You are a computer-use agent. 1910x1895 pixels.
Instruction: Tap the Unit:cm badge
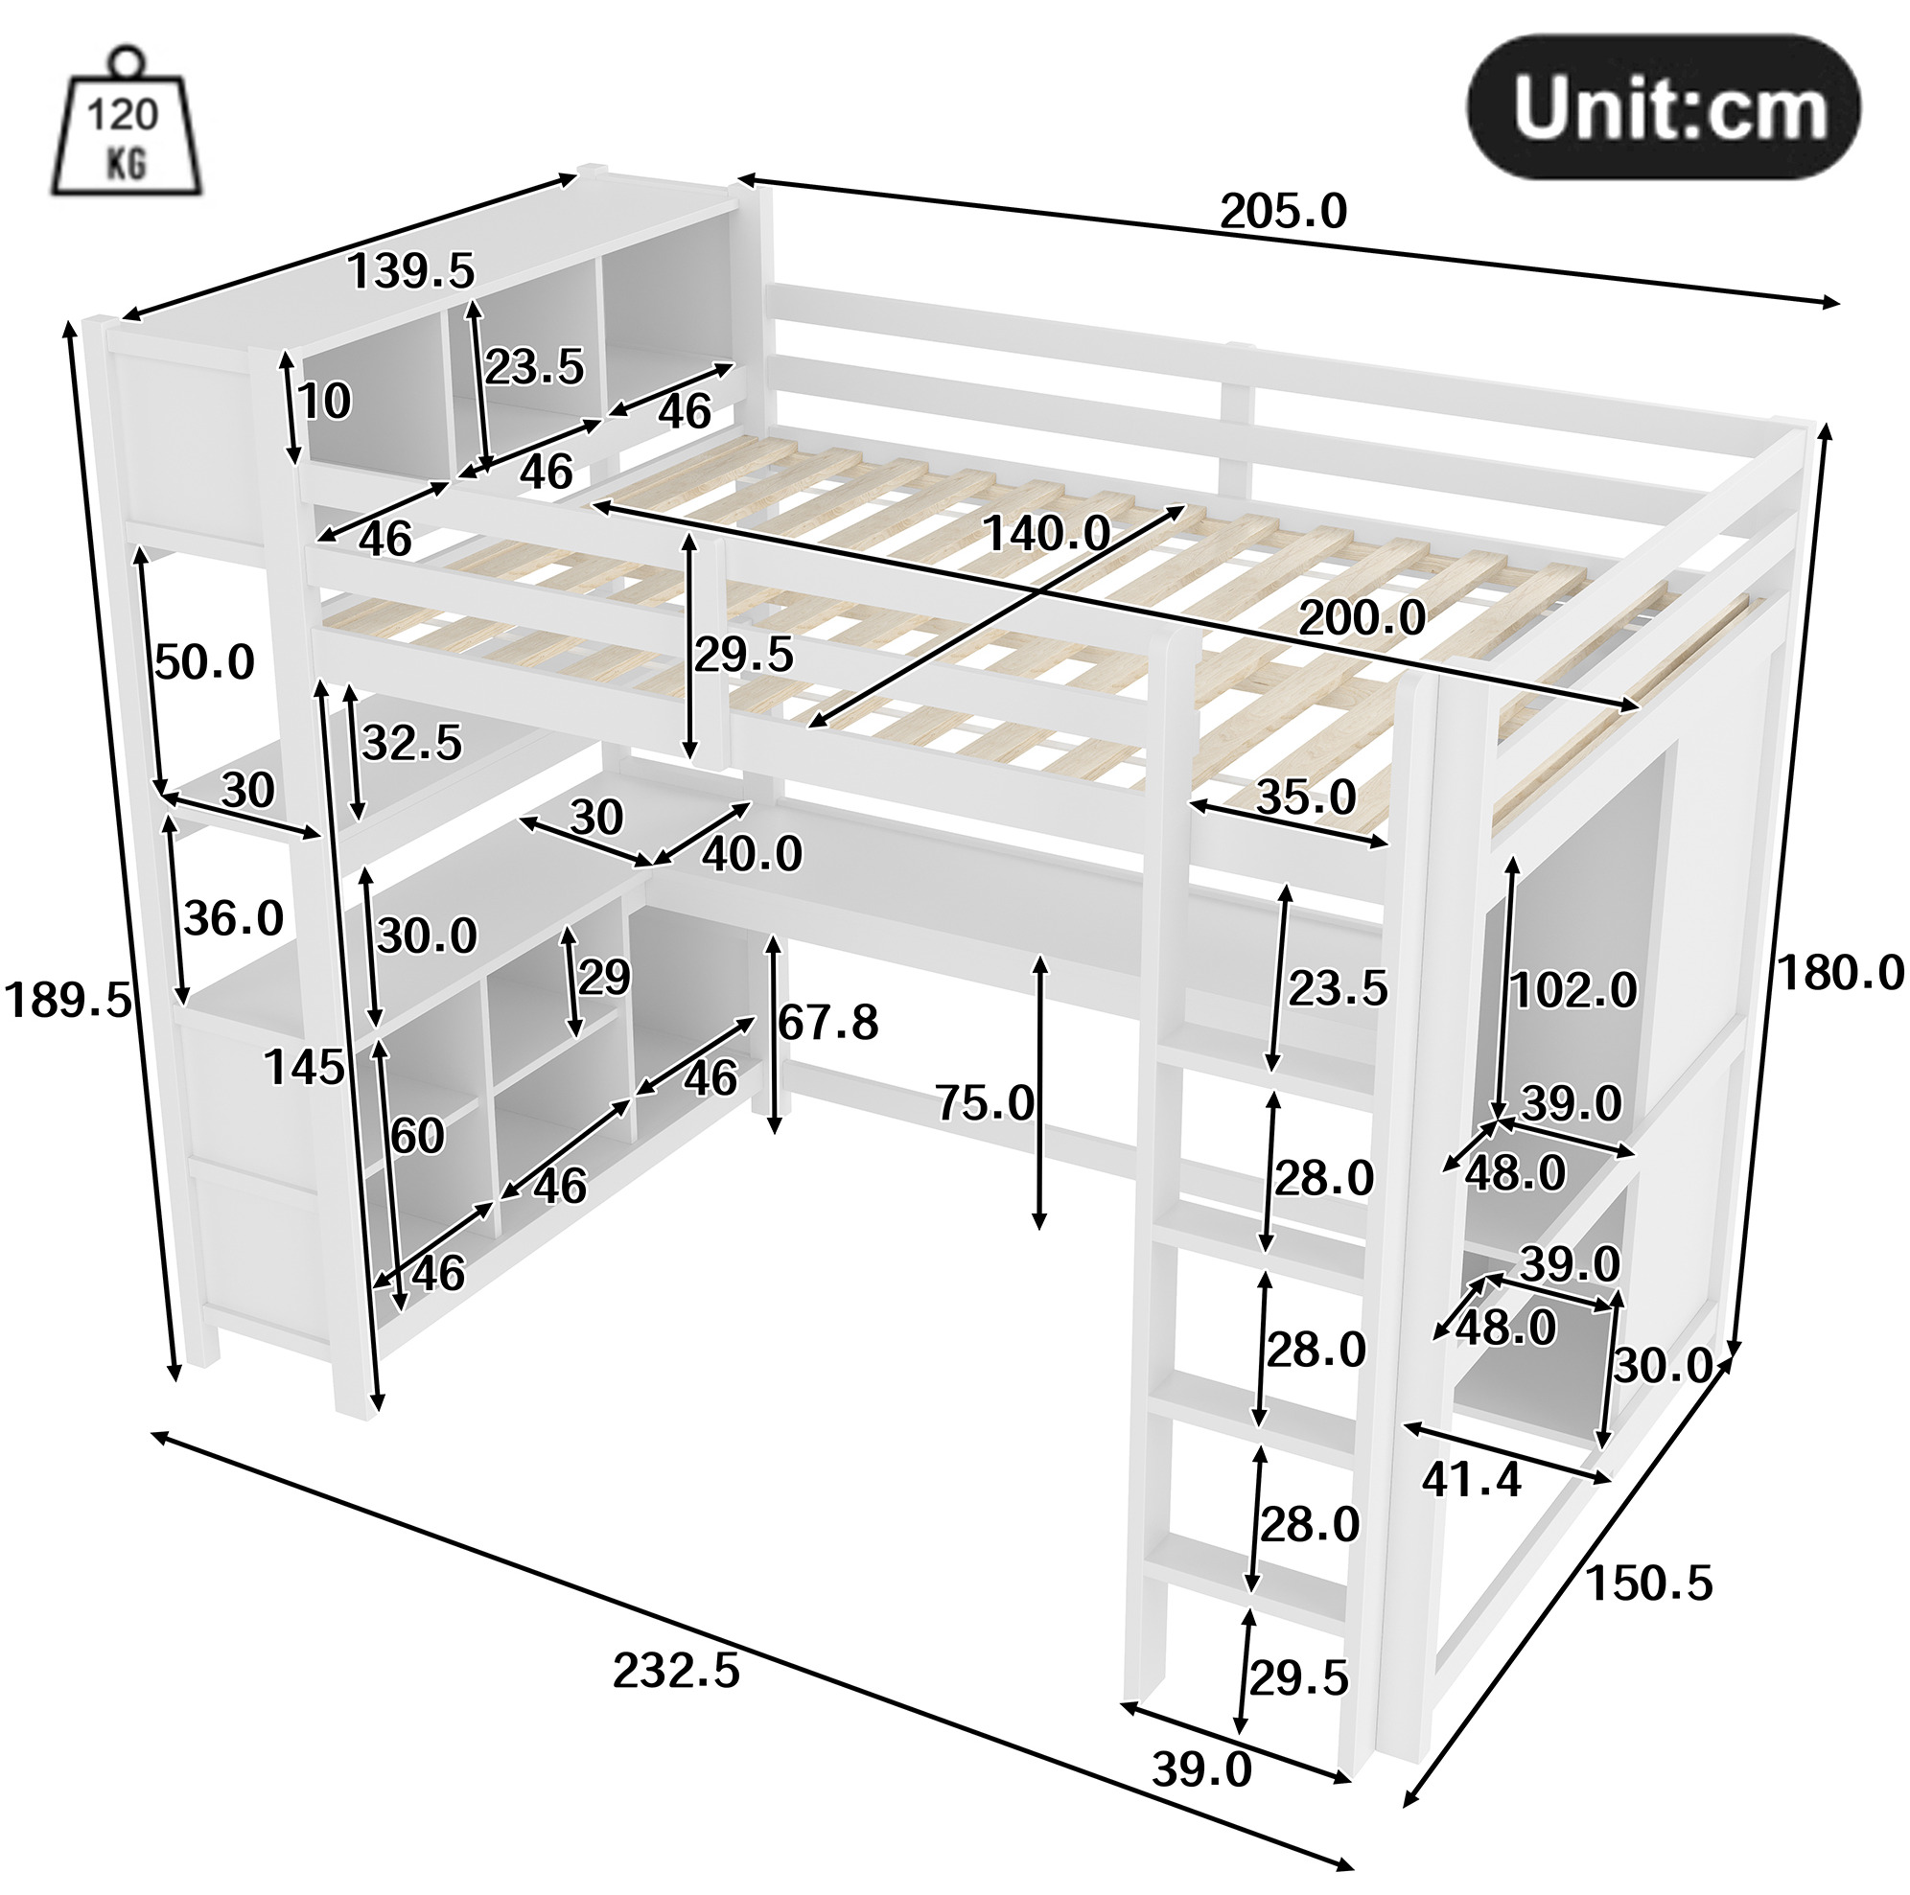point(1663,108)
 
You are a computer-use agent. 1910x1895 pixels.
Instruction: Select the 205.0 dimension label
point(1283,212)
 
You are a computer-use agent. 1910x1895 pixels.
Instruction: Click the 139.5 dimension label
point(411,271)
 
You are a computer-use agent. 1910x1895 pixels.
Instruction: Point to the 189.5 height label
point(67,1000)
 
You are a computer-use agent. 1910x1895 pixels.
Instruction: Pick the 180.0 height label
point(1841,973)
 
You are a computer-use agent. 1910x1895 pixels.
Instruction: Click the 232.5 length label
point(676,1671)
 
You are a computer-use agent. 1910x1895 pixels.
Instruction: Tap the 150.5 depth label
point(1649,1583)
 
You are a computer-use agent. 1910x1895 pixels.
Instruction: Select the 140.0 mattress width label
point(1047,534)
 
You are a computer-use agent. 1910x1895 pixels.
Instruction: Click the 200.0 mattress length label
point(1363,618)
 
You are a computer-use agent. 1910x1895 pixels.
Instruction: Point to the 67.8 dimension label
point(827,1022)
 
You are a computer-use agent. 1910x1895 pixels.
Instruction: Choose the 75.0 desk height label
point(986,1103)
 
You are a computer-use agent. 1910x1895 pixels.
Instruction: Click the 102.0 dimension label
point(1573,989)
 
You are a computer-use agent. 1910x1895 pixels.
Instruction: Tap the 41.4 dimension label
point(1472,1480)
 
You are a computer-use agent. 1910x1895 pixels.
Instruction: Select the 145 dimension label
point(305,1068)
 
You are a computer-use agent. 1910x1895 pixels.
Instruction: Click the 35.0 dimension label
point(1306,797)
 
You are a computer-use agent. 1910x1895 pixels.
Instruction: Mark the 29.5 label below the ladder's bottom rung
point(1299,1677)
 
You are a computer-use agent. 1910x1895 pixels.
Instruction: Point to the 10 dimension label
point(324,402)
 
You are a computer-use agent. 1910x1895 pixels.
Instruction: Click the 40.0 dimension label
point(753,854)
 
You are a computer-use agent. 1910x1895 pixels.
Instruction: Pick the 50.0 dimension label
point(204,661)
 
